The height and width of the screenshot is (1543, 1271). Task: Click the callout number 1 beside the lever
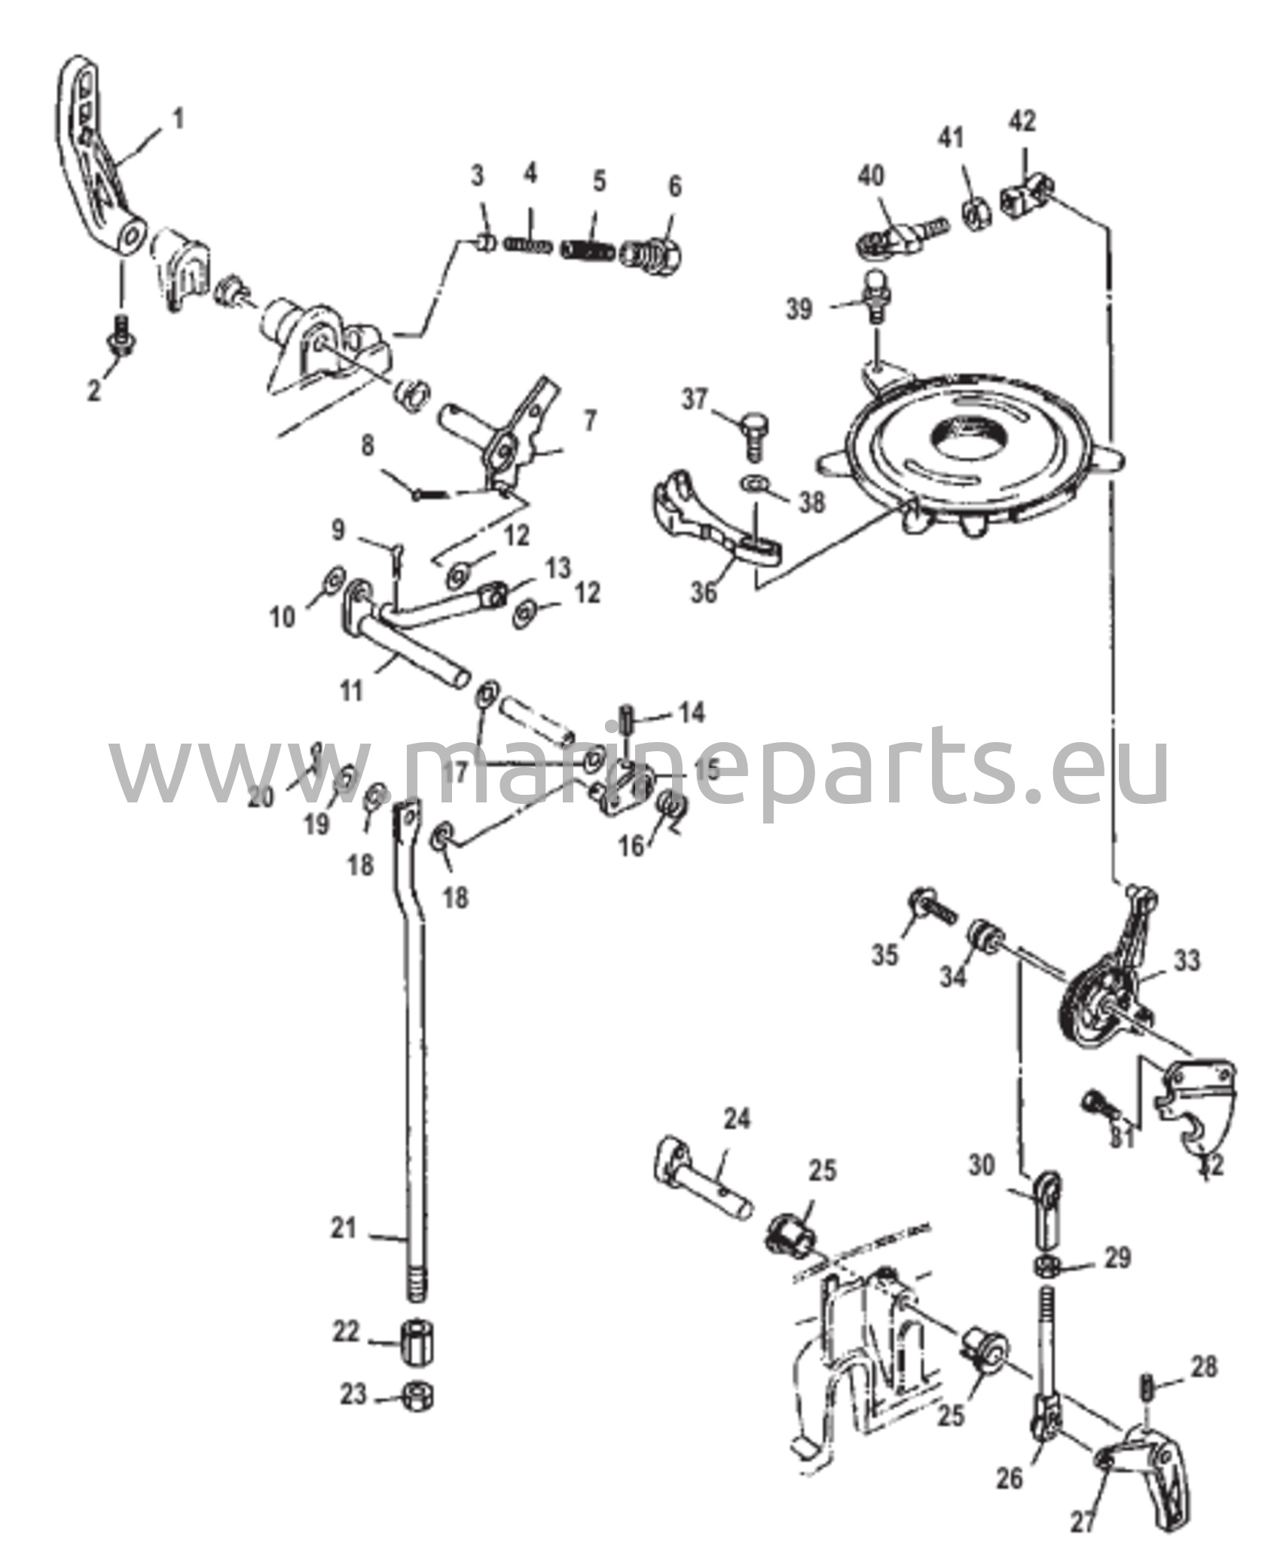coord(178,120)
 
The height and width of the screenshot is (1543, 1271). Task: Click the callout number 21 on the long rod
coord(343,1229)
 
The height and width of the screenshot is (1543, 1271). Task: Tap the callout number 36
coord(705,592)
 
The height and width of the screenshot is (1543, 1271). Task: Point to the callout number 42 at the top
coord(1024,121)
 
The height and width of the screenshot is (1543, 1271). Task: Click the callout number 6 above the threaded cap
coord(674,186)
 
